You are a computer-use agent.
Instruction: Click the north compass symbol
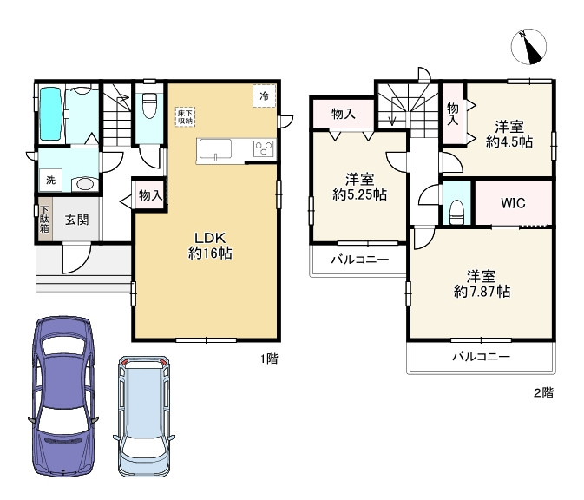coord(528,46)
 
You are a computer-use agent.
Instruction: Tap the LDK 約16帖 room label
coord(211,246)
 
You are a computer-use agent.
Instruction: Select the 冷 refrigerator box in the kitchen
coord(265,96)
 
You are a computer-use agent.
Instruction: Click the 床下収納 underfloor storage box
coord(185,117)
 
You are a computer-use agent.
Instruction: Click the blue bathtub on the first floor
coord(50,114)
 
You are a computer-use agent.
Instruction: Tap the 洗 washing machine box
coord(51,180)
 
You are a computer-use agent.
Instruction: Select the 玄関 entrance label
coord(76,220)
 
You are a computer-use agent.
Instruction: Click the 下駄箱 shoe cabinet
coord(44,219)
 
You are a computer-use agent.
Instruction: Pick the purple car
coord(63,397)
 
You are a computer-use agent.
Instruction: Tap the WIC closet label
coord(513,203)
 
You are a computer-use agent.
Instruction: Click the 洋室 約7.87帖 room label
coord(482,284)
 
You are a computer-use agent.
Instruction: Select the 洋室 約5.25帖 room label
coord(359,187)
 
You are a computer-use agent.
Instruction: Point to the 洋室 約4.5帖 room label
coord(509,135)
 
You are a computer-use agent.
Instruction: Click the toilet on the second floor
coord(456,212)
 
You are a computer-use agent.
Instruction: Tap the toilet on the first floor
coord(149,105)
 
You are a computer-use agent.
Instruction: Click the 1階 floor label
coord(269,359)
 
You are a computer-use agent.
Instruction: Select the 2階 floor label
coord(544,392)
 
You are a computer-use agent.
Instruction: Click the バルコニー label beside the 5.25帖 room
coord(360,260)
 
